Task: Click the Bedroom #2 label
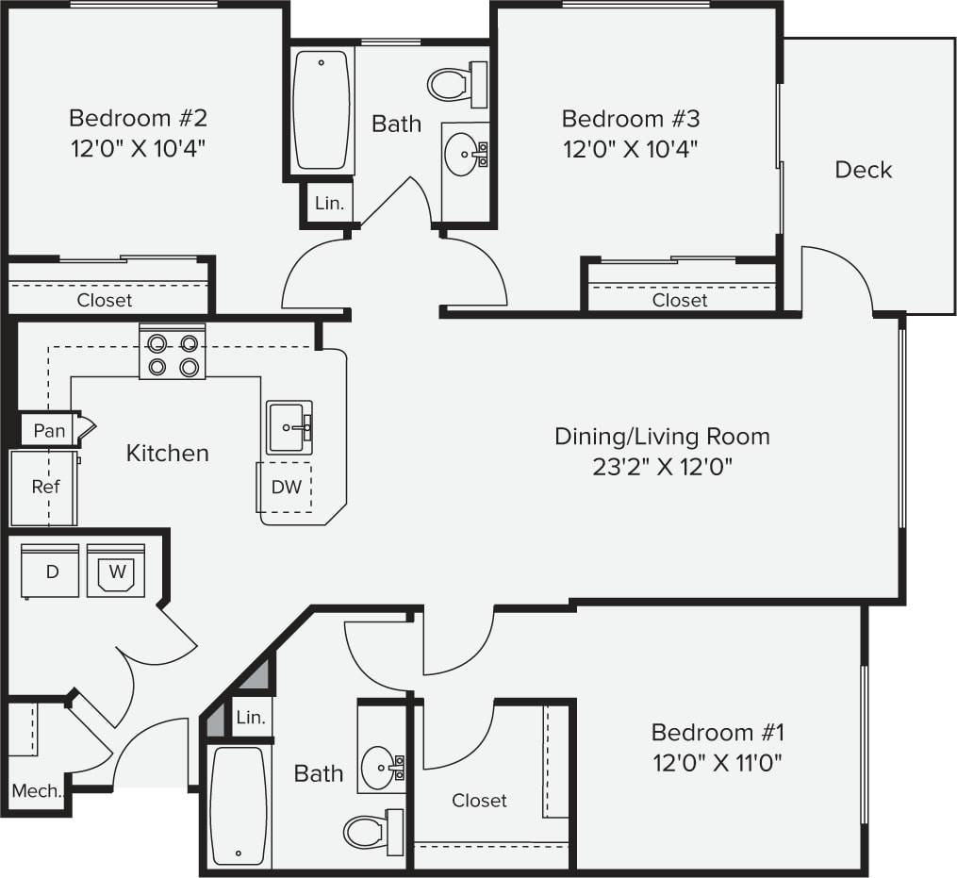pos(138,119)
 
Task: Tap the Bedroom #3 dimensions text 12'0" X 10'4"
pos(630,148)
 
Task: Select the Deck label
pos(863,170)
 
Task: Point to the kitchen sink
pos(289,427)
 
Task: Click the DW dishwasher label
pos(286,487)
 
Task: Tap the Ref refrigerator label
pos(45,487)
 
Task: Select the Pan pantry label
pos(49,431)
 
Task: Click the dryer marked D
pos(51,571)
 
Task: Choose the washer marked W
pos(116,571)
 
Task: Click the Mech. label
pos(37,790)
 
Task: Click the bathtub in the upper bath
pos(322,109)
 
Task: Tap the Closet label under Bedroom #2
pos(105,300)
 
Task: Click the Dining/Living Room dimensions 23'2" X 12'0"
pos(662,466)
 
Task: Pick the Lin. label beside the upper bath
pos(329,204)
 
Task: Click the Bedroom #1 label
pos(718,732)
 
